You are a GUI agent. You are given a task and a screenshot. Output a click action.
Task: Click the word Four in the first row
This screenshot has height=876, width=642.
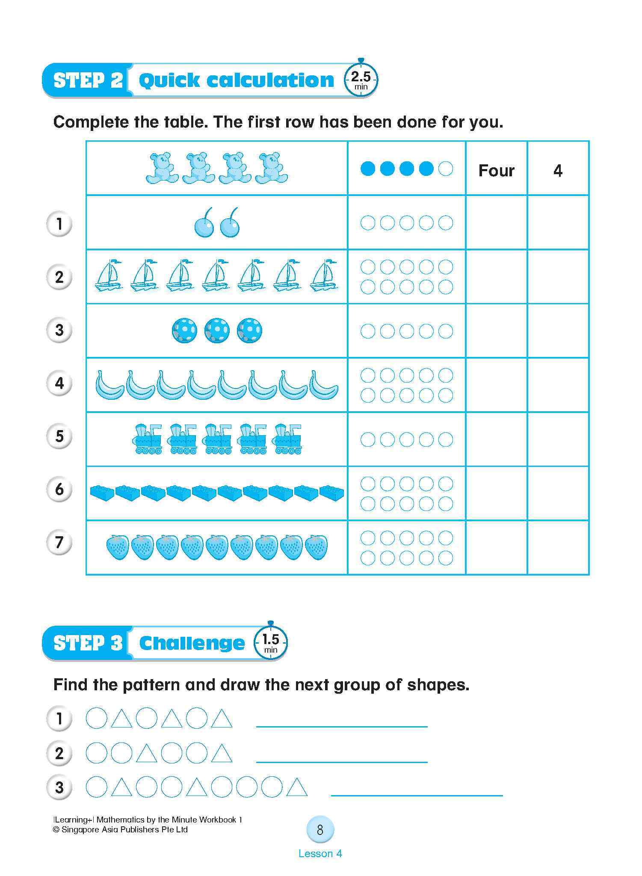[496, 170]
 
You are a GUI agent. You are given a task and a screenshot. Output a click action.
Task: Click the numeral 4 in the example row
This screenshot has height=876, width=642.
[557, 170]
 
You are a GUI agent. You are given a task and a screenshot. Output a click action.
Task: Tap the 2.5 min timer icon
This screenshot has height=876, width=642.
[361, 80]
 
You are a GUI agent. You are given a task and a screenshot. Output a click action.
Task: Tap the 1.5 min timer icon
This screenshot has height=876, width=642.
[270, 643]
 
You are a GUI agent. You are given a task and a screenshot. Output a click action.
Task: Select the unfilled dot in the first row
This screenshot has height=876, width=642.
[446, 169]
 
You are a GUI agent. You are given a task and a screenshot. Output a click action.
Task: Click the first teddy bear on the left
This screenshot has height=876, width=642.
[162, 168]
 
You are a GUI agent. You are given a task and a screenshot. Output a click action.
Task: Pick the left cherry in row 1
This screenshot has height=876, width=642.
[204, 223]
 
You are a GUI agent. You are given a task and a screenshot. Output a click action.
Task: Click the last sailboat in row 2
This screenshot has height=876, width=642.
[324, 276]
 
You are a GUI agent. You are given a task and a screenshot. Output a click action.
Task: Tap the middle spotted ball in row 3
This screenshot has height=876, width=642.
[217, 330]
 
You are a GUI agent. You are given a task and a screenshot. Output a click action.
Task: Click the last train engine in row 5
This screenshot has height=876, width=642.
[288, 439]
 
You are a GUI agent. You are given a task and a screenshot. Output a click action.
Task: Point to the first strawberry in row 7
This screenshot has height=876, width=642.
[117, 547]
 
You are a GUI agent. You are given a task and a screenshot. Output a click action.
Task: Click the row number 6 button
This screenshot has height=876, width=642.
[59, 489]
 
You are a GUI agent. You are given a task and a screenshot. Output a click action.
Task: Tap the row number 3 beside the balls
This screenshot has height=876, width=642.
[59, 330]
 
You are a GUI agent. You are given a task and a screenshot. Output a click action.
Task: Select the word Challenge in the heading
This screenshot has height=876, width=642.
[192, 643]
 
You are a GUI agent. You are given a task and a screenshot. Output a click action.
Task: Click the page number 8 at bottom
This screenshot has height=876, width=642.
[320, 830]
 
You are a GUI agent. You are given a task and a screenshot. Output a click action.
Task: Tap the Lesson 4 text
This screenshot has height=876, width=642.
[320, 853]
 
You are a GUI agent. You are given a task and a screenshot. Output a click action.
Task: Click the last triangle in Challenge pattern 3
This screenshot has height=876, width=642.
[297, 787]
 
